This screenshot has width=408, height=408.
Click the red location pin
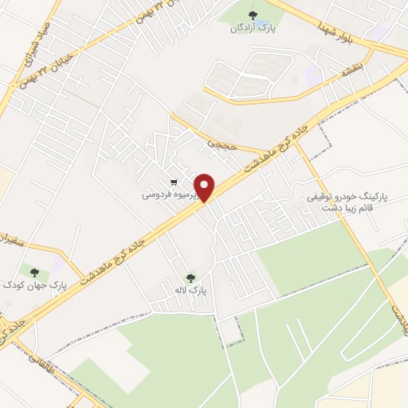coord(205,187)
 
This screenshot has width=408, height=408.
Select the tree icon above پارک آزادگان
coord(253,15)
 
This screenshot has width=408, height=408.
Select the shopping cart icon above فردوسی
coord(173,181)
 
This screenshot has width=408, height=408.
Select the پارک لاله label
coord(191,291)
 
